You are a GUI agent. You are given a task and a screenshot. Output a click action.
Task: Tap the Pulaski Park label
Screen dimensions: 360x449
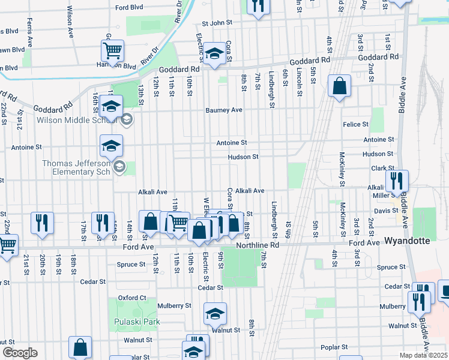pos(137,322)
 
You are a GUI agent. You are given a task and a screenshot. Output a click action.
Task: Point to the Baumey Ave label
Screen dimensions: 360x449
pos(223,110)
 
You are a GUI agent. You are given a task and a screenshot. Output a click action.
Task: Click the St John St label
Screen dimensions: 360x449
pos(217,23)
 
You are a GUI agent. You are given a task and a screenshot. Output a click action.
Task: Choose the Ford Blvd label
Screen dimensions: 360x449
pos(129,8)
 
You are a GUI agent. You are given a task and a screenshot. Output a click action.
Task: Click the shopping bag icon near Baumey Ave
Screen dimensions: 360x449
pos(340,86)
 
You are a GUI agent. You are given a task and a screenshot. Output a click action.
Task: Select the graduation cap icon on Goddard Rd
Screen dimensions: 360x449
pos(212,53)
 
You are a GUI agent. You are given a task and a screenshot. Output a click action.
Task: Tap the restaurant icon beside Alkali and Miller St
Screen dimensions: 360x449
pos(397,180)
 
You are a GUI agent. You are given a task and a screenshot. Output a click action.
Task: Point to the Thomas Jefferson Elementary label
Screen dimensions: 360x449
pos(76,167)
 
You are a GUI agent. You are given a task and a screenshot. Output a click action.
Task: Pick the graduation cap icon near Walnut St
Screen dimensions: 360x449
pos(214,314)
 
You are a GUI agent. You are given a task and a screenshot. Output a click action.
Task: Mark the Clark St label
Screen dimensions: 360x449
pos(382,169)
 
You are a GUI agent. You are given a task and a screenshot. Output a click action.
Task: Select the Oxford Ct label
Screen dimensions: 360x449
pos(132,298)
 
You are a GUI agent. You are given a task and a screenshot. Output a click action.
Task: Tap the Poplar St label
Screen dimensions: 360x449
pos(334,347)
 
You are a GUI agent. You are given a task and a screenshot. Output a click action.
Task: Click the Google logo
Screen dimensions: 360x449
pos(20,353)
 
